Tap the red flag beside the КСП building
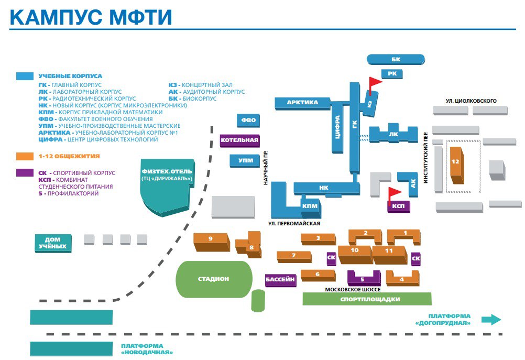[x=394, y=195]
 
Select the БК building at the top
[x=396, y=59]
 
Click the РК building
[x=392, y=74]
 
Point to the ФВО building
[x=248, y=120]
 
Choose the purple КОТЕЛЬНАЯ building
[x=240, y=140]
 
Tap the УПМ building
[x=245, y=161]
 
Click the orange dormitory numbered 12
[x=456, y=165]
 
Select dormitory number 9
[x=212, y=242]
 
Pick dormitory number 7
[x=294, y=257]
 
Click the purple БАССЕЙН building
[x=281, y=280]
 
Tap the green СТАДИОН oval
[x=214, y=279]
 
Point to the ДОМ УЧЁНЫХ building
[x=53, y=243]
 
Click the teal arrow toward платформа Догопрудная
[x=491, y=319]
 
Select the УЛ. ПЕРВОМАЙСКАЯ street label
[x=294, y=223]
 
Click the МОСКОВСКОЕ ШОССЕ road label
[x=353, y=289]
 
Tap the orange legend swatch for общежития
[x=25, y=156]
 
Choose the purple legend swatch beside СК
[x=25, y=173]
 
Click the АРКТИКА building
[x=302, y=103]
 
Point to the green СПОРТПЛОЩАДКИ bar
[x=367, y=299]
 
